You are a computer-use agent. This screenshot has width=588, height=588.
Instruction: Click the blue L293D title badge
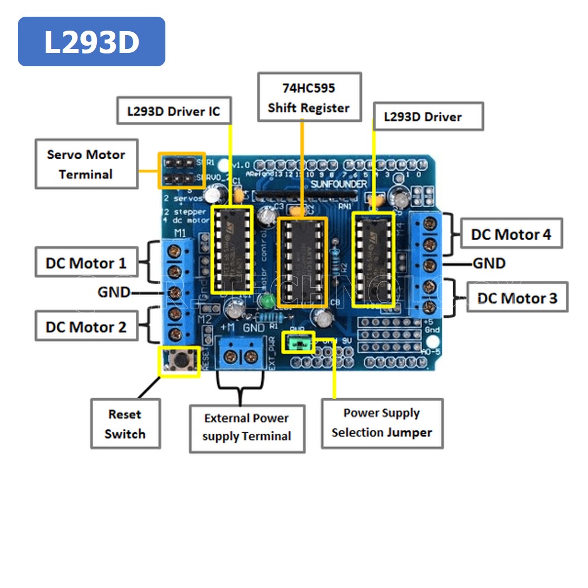coord(91,42)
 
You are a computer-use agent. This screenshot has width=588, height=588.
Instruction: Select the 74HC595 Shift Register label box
coord(309,97)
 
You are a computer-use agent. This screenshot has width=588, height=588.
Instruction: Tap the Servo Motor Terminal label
coord(86,164)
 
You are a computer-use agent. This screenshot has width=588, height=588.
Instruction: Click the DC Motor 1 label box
coord(86,263)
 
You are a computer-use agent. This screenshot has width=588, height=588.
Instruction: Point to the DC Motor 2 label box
coord(86,327)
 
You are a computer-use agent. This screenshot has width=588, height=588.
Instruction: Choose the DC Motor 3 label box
coord(517,298)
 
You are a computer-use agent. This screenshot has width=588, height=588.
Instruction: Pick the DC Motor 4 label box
coord(511,234)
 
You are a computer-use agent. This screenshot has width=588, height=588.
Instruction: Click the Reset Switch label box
coord(125,424)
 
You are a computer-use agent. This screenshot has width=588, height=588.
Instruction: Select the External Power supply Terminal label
coord(247,427)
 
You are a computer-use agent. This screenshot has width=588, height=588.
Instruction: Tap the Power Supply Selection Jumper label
coord(382,423)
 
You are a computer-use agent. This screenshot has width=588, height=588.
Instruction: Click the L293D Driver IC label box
coord(174,111)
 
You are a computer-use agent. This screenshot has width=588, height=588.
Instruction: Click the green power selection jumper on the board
coord(299,342)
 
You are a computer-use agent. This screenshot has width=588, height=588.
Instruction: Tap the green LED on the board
coord(268,301)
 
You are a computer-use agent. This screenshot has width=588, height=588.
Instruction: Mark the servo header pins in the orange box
coord(182,171)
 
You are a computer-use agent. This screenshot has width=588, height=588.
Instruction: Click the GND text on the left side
coord(114,292)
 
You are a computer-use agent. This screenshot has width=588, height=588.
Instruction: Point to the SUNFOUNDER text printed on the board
coord(339,184)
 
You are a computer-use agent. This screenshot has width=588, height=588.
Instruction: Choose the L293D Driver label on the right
coord(428,116)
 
